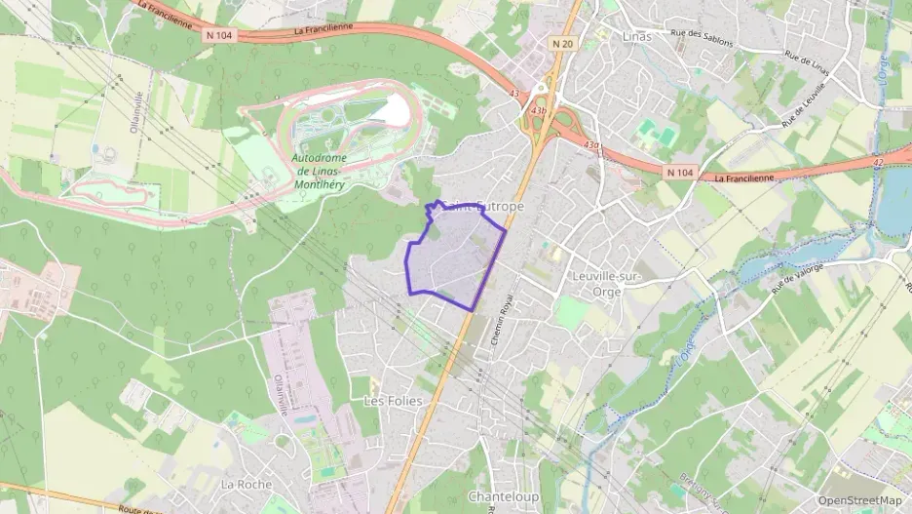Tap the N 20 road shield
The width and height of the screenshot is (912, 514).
click(x=562, y=44)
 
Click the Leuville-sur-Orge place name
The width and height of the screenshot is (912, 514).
click(x=606, y=283)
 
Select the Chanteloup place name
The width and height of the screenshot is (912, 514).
click(x=504, y=496)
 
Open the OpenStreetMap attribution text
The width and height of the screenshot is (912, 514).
click(x=860, y=500)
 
